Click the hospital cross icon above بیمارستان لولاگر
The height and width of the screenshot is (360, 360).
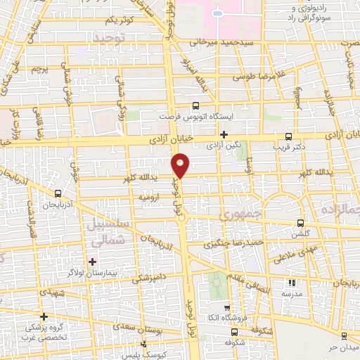(x=92, y=261)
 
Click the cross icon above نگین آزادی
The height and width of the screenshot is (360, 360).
(x=224, y=134)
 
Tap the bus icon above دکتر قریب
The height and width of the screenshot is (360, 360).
(x=288, y=136)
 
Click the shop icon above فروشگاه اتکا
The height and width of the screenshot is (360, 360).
(x=226, y=308)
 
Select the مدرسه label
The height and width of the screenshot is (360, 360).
(x=292, y=293)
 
